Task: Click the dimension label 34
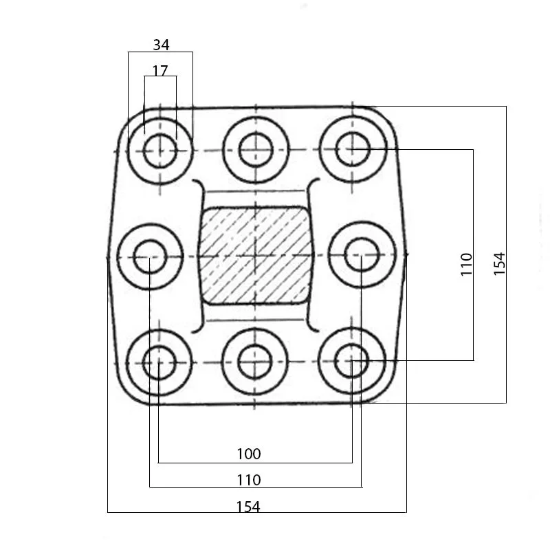click(x=161, y=45)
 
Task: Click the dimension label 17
click(x=160, y=70)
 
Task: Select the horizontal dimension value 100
click(x=248, y=454)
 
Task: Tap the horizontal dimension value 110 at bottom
click(x=248, y=479)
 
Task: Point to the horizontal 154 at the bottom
click(x=248, y=507)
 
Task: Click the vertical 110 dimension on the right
click(x=467, y=264)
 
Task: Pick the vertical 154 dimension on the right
click(x=499, y=264)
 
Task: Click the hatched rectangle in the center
click(x=255, y=255)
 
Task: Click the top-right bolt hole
click(x=353, y=149)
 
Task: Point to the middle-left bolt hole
click(x=150, y=256)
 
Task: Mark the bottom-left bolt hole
click(x=159, y=362)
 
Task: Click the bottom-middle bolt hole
click(x=256, y=362)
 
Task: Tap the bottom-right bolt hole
click(x=352, y=361)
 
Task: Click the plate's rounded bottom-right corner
click(x=385, y=392)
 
